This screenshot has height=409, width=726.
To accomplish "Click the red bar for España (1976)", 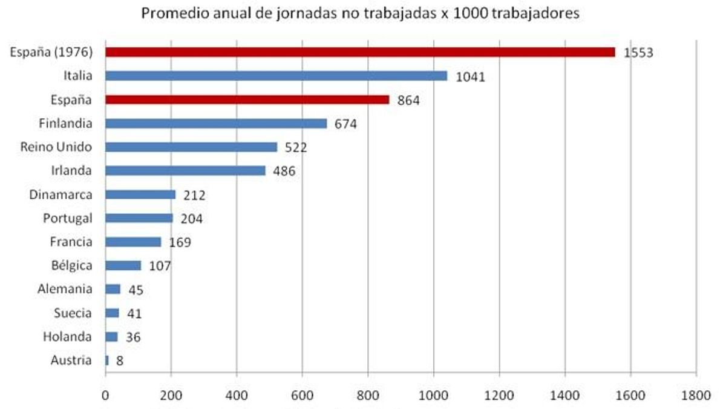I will [360, 52].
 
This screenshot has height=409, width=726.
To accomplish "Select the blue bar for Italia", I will [276, 76].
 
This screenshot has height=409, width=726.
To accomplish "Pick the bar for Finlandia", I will [216, 124].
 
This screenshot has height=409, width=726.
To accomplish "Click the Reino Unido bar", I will [191, 147].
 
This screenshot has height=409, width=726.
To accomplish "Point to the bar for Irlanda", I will [185, 171].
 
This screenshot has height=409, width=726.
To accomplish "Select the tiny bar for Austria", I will [107, 361].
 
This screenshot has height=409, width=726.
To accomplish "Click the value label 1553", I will [639, 53].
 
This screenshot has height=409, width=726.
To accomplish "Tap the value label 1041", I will [471, 77].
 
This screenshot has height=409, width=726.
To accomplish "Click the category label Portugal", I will [67, 218].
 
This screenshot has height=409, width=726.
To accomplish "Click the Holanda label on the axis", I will [67, 337].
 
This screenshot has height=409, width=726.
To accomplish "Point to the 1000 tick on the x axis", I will [433, 397].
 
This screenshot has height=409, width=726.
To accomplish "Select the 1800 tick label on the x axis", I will [696, 397].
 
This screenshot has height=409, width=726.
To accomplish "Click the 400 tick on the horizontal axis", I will [237, 397].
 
